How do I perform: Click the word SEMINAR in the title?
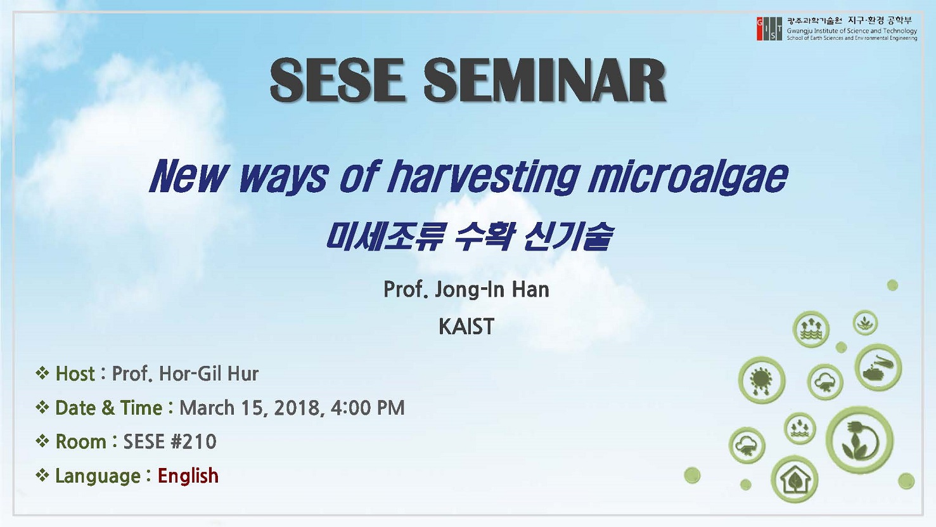[x=545, y=81]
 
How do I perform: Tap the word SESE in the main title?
[x=338, y=81]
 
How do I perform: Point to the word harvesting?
[x=484, y=177]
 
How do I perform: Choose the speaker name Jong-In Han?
[x=492, y=289]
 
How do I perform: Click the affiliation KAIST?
[x=466, y=327]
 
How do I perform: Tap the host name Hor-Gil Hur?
[x=209, y=374]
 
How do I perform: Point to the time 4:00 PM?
[x=368, y=408]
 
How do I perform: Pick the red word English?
[x=188, y=476]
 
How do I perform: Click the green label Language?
[x=98, y=476]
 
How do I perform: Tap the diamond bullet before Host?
[x=42, y=373]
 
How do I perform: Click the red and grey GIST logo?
[x=769, y=29]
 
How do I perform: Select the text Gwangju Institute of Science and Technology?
[x=852, y=31]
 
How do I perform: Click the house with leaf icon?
[x=794, y=479]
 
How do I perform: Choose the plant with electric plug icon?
[x=859, y=440]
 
